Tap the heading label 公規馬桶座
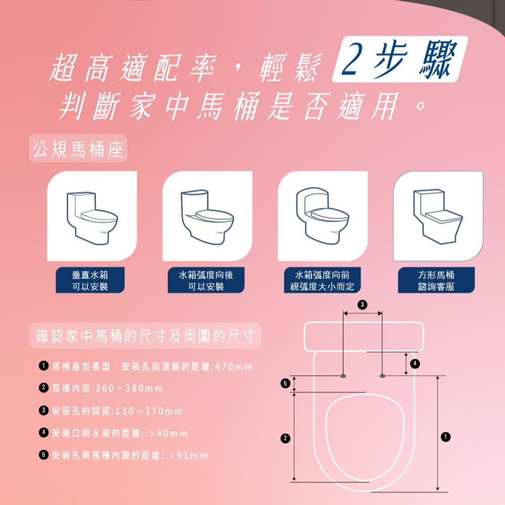78,149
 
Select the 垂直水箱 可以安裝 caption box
90,280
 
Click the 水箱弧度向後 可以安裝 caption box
206,280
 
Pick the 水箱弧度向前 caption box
322,280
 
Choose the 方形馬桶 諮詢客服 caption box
436,280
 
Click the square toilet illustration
438,217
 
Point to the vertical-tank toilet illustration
92,218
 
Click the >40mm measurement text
169,433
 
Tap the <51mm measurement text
188,456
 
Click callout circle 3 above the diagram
362,305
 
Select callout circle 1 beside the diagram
446,437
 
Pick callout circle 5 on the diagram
285,383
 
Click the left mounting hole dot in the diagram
343,376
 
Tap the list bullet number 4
43,433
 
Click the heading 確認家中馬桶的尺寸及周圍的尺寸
145,336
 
